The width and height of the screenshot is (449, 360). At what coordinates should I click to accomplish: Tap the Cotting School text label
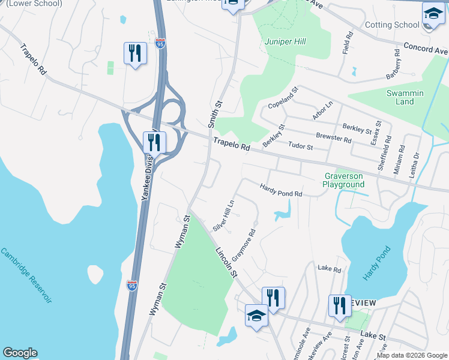(392, 25)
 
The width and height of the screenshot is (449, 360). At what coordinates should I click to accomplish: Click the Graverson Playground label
(344, 181)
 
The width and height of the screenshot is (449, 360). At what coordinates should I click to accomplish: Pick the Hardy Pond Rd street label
(280, 190)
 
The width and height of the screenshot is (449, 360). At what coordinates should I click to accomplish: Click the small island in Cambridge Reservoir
(96, 275)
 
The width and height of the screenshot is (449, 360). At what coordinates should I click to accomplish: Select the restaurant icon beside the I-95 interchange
(155, 143)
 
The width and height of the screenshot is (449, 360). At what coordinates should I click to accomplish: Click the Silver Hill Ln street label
(223, 213)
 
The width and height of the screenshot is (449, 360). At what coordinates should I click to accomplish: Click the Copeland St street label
(283, 98)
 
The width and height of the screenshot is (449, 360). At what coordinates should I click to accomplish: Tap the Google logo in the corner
(20, 353)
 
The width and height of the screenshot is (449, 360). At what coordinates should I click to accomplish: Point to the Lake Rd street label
(329, 268)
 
